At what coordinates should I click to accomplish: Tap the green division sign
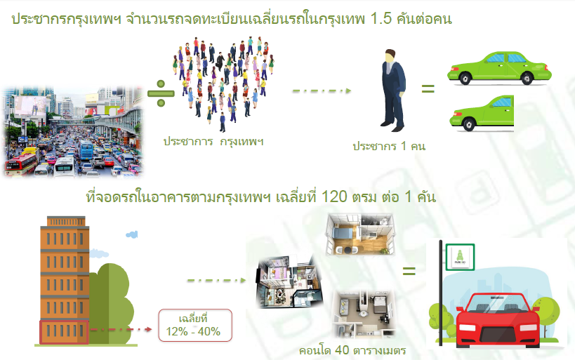click(161, 93)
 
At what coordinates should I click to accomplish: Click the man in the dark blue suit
click(392, 91)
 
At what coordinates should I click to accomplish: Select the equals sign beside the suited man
click(428, 88)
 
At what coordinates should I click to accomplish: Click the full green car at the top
click(499, 68)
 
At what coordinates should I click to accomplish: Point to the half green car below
click(482, 113)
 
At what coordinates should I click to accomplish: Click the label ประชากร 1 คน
click(389, 146)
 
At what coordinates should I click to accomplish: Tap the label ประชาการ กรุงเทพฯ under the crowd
click(213, 142)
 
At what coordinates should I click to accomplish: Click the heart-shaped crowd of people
click(224, 84)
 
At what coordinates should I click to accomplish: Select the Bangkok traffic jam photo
click(73, 132)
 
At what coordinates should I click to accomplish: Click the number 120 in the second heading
click(334, 197)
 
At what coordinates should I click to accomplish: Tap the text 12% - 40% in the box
click(193, 331)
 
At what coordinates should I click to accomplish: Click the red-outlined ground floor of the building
click(64, 332)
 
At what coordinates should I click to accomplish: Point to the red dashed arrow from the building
click(121, 330)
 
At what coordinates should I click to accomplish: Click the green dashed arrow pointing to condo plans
click(216, 281)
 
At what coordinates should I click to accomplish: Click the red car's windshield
click(497, 304)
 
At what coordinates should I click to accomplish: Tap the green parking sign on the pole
click(460, 257)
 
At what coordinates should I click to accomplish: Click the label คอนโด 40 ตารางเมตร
click(352, 350)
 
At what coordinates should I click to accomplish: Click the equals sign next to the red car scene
click(409, 271)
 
